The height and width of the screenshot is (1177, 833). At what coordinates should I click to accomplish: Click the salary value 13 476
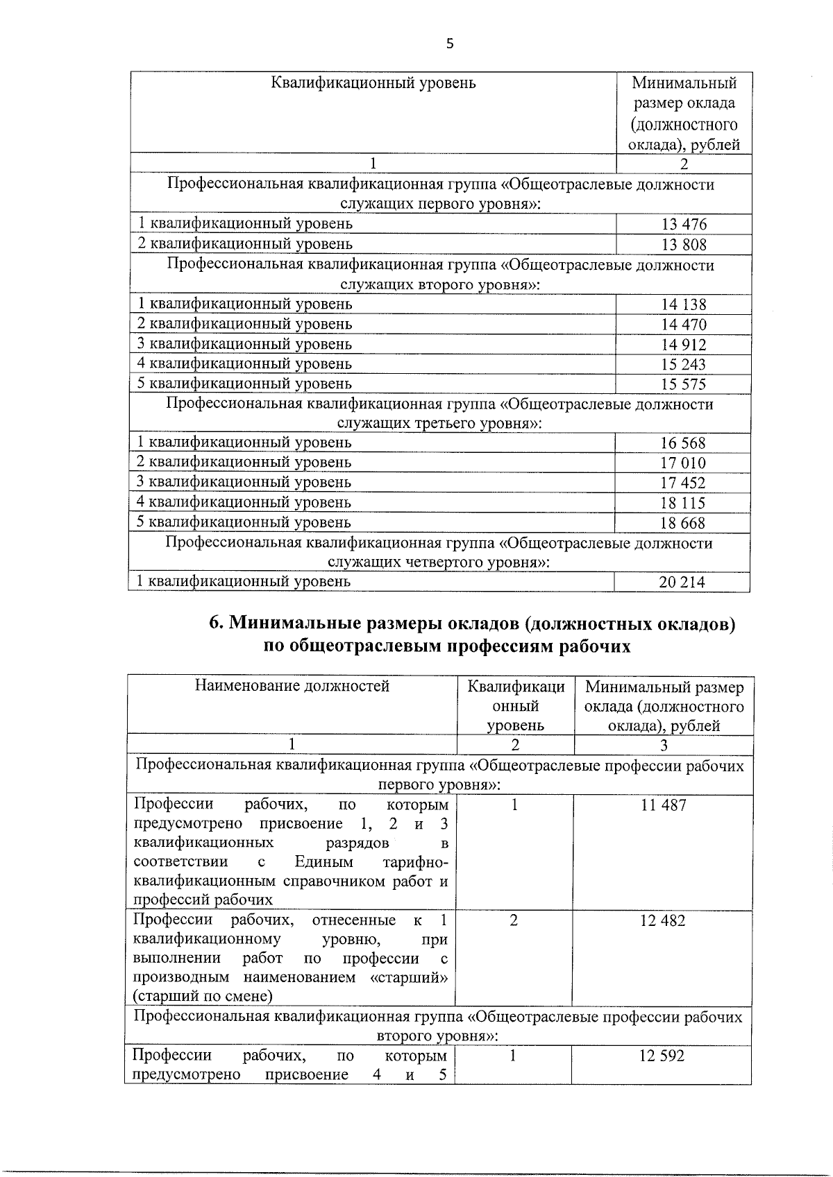coord(683,224)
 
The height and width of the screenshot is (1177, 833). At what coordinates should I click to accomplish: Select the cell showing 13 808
coord(683,244)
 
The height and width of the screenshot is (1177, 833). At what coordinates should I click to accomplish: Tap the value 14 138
coord(683,304)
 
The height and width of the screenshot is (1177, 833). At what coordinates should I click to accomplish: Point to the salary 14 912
coord(683,345)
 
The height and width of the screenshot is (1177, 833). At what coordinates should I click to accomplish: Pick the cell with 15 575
coord(683,384)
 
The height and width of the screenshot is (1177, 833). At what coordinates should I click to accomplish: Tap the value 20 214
coord(682,583)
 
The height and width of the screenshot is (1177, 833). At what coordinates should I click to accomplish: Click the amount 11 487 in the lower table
coord(663,805)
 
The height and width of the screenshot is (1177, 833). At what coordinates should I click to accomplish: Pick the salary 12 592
coord(662,1056)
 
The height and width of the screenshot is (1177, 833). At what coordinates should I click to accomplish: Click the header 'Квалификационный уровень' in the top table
coord(373,83)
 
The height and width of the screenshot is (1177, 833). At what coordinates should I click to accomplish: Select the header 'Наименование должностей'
coord(292,687)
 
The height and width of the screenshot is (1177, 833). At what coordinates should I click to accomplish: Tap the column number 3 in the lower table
coord(664,746)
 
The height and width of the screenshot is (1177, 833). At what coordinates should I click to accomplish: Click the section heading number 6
coord(215,624)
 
